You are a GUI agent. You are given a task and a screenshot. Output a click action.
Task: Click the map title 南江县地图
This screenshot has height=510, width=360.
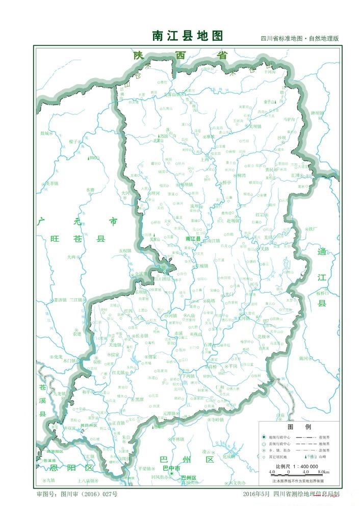(188, 36)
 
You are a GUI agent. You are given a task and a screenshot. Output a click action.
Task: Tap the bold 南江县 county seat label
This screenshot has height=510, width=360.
(193, 238)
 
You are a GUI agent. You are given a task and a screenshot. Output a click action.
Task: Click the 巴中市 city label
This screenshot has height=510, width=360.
(171, 468)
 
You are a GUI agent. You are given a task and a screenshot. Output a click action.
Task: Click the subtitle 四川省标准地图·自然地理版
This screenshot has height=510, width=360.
(299, 39)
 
